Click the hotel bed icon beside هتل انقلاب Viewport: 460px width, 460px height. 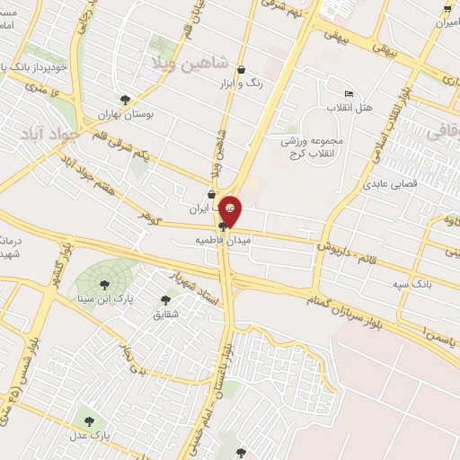pos(349,94)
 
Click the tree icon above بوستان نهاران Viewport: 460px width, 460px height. pos(125,101)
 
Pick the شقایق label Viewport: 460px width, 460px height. pos(166,314)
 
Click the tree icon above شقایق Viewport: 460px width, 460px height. pos(164,300)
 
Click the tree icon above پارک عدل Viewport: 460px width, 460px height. pos(88,420)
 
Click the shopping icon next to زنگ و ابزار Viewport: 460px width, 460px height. pos(240,70)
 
